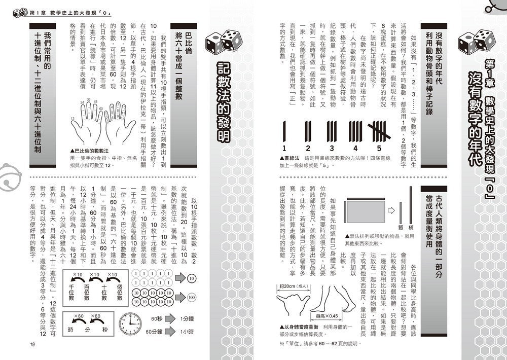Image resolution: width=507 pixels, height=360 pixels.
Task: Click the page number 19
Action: (31, 345)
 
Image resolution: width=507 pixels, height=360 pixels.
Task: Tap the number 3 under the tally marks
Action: (330, 148)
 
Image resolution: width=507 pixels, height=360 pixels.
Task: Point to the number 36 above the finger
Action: (88, 100)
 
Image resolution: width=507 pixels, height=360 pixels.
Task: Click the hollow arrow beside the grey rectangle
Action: (391, 209)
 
